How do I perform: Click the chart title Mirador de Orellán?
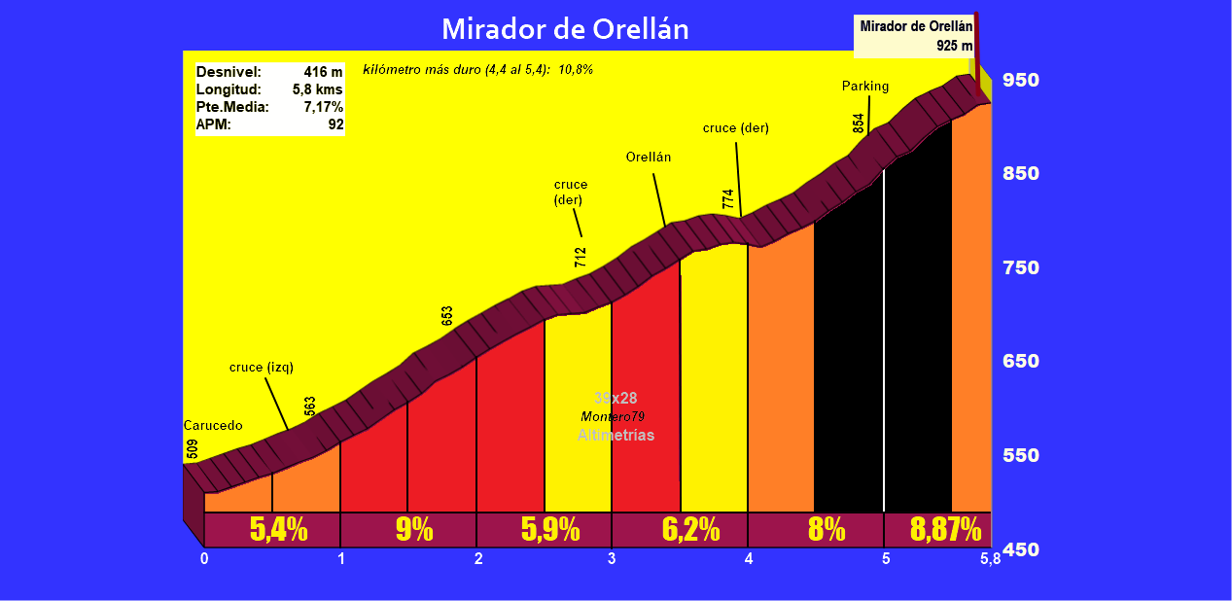pyautogui.click(x=565, y=28)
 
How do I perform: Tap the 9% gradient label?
pyautogui.click(x=414, y=530)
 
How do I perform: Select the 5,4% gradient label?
pyautogui.click(x=278, y=530)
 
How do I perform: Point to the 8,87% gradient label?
pyautogui.click(x=945, y=530)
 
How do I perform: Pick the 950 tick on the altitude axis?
pyautogui.click(x=1021, y=80)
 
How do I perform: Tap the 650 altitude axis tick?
pyautogui.click(x=1021, y=362)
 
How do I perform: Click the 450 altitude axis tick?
pyautogui.click(x=1021, y=549)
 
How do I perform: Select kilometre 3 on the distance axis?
pyautogui.click(x=612, y=559)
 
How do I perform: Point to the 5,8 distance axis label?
pyautogui.click(x=990, y=559)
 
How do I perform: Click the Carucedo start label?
pyautogui.click(x=213, y=426)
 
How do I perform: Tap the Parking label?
pyautogui.click(x=865, y=87)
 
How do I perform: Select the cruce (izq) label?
pyautogui.click(x=262, y=368)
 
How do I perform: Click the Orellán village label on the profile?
pyautogui.click(x=649, y=157)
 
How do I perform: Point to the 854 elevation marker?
pyautogui.click(x=859, y=124)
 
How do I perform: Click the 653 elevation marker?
pyautogui.click(x=447, y=316)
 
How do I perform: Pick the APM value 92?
pyautogui.click(x=335, y=124)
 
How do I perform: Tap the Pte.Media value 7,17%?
pyautogui.click(x=323, y=107)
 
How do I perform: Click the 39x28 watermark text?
pyautogui.click(x=616, y=398)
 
